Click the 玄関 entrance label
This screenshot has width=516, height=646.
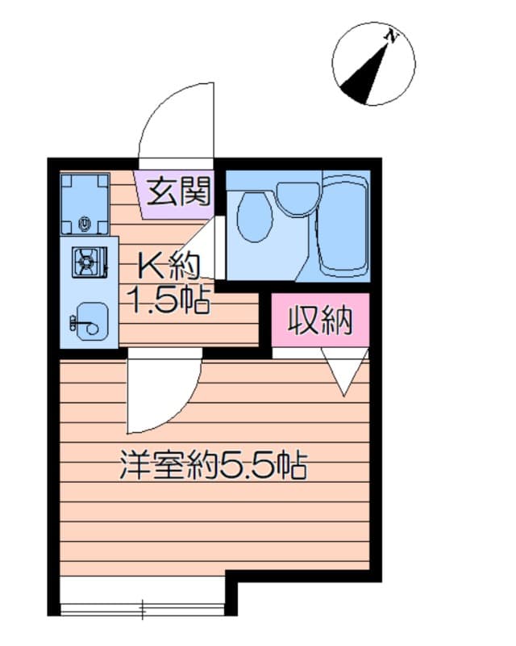[178, 192]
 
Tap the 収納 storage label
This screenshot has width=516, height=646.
[321, 321]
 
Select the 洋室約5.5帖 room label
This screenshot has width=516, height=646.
[214, 466]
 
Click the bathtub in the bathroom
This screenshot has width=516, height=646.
[344, 224]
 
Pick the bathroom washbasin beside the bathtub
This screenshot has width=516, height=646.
[298, 197]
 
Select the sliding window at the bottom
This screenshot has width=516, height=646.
[143, 606]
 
